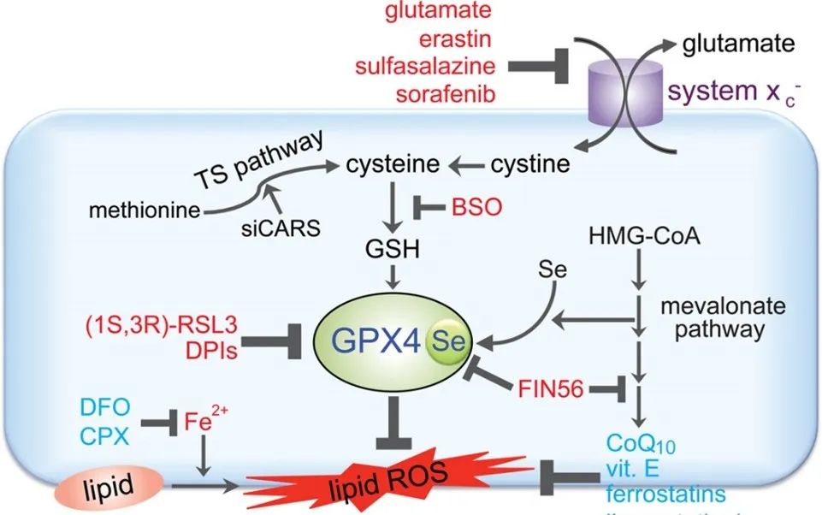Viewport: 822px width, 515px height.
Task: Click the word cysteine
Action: [x=394, y=163]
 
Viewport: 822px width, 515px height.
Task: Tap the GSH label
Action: [x=393, y=249]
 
